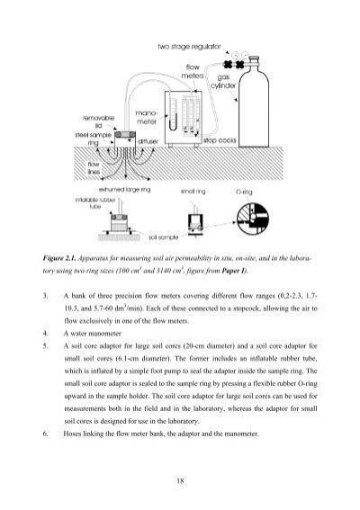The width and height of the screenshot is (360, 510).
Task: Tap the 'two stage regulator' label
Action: coord(192,45)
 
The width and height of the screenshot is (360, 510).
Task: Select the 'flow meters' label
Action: coord(198,70)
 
